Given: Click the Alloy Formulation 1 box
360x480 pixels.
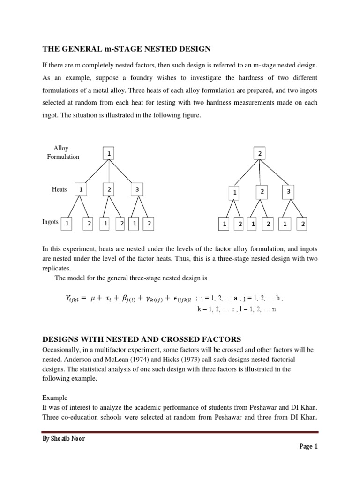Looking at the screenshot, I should [x=109, y=154].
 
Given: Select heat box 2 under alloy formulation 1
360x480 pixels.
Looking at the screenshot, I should [x=109, y=189].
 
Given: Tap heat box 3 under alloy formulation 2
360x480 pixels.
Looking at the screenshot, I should [x=289, y=192].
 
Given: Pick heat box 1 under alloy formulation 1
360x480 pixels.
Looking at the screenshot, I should [x=81, y=189].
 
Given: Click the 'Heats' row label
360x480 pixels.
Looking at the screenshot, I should [x=60, y=189].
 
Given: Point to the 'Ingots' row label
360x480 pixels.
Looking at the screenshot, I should [x=51, y=222].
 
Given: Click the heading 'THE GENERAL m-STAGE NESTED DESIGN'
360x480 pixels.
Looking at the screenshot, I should [x=127, y=48].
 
